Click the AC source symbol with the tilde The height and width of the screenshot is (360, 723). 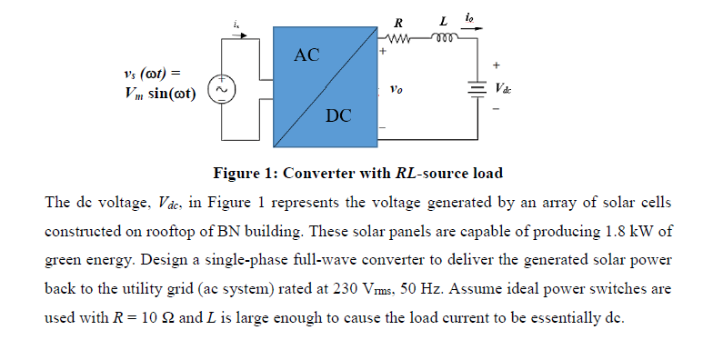[222, 89]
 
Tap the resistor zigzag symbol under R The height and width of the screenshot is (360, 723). [399, 39]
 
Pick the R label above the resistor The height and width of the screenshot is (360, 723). [398, 21]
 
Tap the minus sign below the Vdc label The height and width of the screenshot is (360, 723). [497, 108]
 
